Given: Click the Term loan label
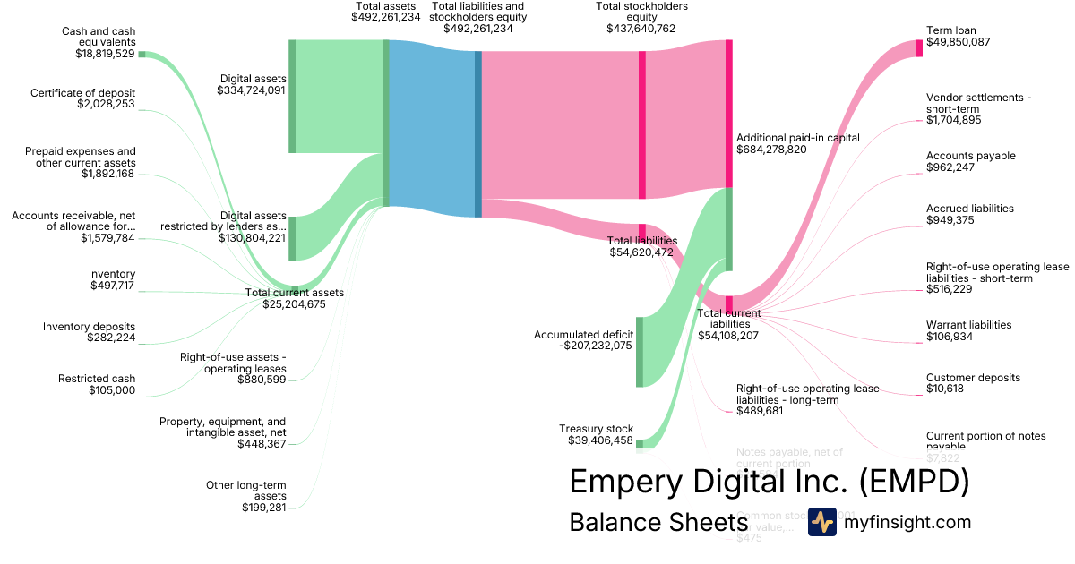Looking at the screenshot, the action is [951, 30].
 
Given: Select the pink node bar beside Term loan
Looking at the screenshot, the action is [919, 48].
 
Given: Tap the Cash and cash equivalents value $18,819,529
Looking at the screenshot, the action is [105, 54].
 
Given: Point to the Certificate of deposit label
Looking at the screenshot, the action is [82, 92].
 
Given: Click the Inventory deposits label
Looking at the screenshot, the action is [90, 326].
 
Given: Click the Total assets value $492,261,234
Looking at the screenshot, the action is [386, 17].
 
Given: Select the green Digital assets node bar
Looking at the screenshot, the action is [292, 96].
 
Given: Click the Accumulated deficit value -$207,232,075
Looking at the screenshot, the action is [583, 346].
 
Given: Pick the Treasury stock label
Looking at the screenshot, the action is [596, 429].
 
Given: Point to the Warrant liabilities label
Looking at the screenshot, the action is [968, 325].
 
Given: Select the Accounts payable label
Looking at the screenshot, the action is [970, 156].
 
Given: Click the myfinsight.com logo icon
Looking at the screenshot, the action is [821, 522].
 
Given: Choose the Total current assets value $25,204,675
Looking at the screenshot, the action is [294, 304].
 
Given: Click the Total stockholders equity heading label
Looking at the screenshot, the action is [641, 12].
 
